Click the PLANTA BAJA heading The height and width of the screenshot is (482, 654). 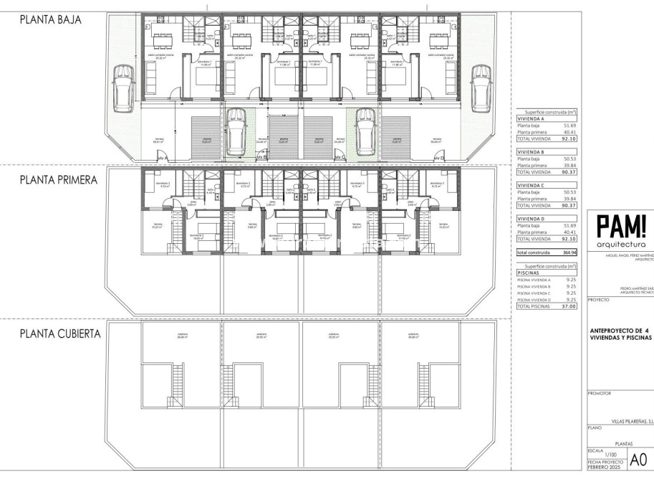[50, 21]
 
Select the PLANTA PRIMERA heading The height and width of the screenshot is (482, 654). [58, 181]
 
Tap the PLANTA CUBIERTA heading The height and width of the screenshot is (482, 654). [60, 334]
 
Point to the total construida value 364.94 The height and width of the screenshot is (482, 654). [567, 253]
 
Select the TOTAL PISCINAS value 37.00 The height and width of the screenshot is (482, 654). [567, 306]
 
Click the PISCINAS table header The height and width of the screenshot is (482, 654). [529, 273]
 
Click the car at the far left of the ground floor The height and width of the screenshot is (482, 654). [123, 87]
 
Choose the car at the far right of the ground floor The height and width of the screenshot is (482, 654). [479, 87]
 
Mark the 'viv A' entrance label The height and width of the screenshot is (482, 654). [162, 156]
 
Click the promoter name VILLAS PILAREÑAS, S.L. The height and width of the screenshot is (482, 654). [631, 422]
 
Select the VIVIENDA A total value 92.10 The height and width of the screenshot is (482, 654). [567, 139]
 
